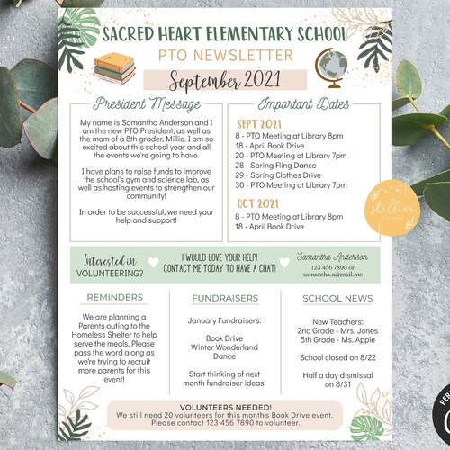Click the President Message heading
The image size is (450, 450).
coord(146,103)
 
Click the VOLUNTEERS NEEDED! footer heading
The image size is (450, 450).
coord(225,405)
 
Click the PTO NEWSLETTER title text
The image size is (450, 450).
coord(225,56)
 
